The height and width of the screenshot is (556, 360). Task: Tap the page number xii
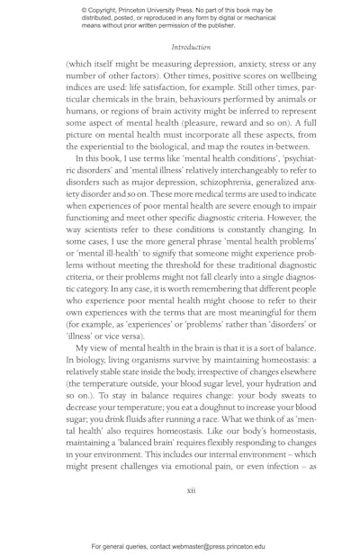tap(191, 490)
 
